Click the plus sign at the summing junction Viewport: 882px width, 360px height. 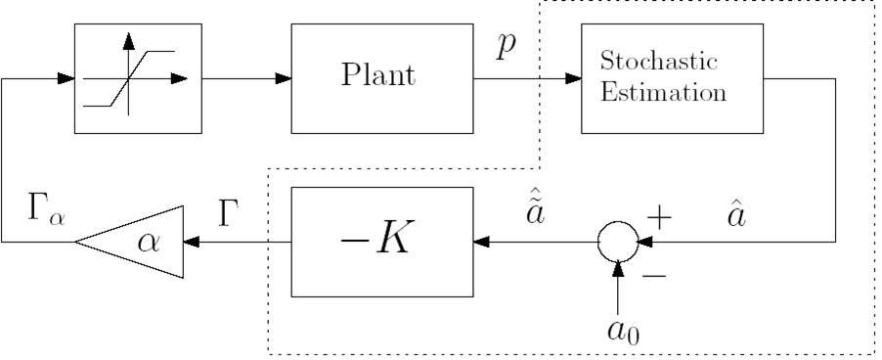tap(662, 217)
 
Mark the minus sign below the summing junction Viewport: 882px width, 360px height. tap(653, 276)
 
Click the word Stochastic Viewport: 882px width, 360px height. tap(659, 63)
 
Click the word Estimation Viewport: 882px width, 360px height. tap(664, 94)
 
